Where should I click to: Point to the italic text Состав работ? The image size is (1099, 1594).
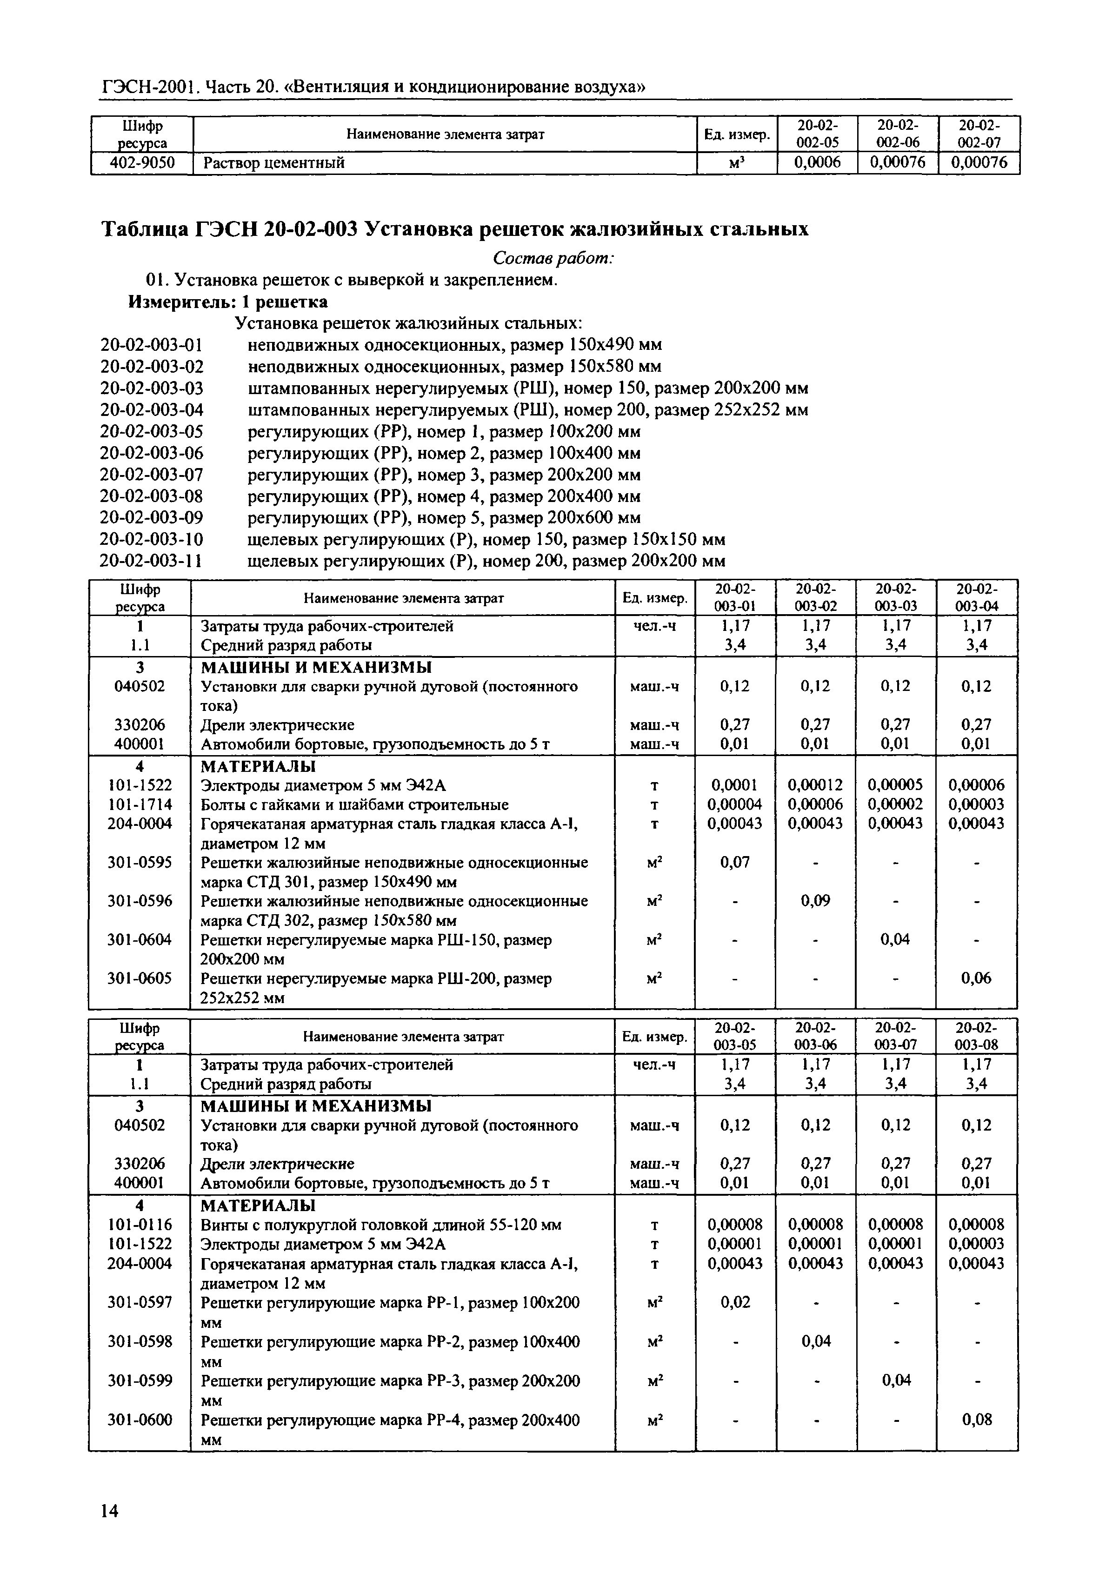click(553, 258)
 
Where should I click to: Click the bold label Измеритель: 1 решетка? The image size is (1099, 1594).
click(228, 301)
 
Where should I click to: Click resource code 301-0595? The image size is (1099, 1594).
click(140, 863)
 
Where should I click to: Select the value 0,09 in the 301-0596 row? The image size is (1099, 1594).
click(816, 901)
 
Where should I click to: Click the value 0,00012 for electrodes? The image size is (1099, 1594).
click(816, 784)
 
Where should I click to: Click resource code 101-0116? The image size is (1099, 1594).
click(140, 1224)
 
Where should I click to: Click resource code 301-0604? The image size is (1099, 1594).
click(140, 939)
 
